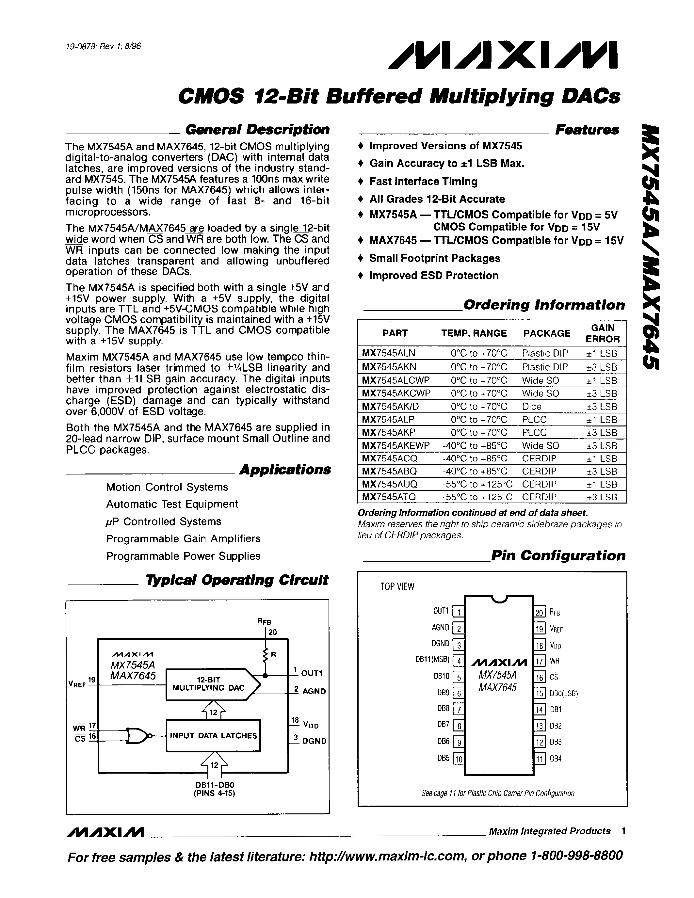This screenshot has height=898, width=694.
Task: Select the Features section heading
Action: (x=587, y=130)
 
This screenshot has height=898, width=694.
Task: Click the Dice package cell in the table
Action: (x=532, y=406)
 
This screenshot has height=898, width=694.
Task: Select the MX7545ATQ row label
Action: (x=389, y=497)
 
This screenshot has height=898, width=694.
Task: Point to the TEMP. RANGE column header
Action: (x=474, y=333)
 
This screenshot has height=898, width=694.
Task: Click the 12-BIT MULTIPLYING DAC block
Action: (x=209, y=684)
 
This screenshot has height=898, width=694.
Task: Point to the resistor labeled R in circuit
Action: (x=266, y=655)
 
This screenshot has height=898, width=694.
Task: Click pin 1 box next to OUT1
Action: (x=458, y=612)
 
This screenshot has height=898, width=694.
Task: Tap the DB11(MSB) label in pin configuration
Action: (x=432, y=660)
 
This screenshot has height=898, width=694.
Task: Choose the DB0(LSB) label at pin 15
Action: (x=564, y=693)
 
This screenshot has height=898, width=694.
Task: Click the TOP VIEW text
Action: (x=397, y=587)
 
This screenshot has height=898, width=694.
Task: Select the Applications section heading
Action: (x=285, y=470)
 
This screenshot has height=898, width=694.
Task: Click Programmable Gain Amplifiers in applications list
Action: (x=183, y=538)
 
